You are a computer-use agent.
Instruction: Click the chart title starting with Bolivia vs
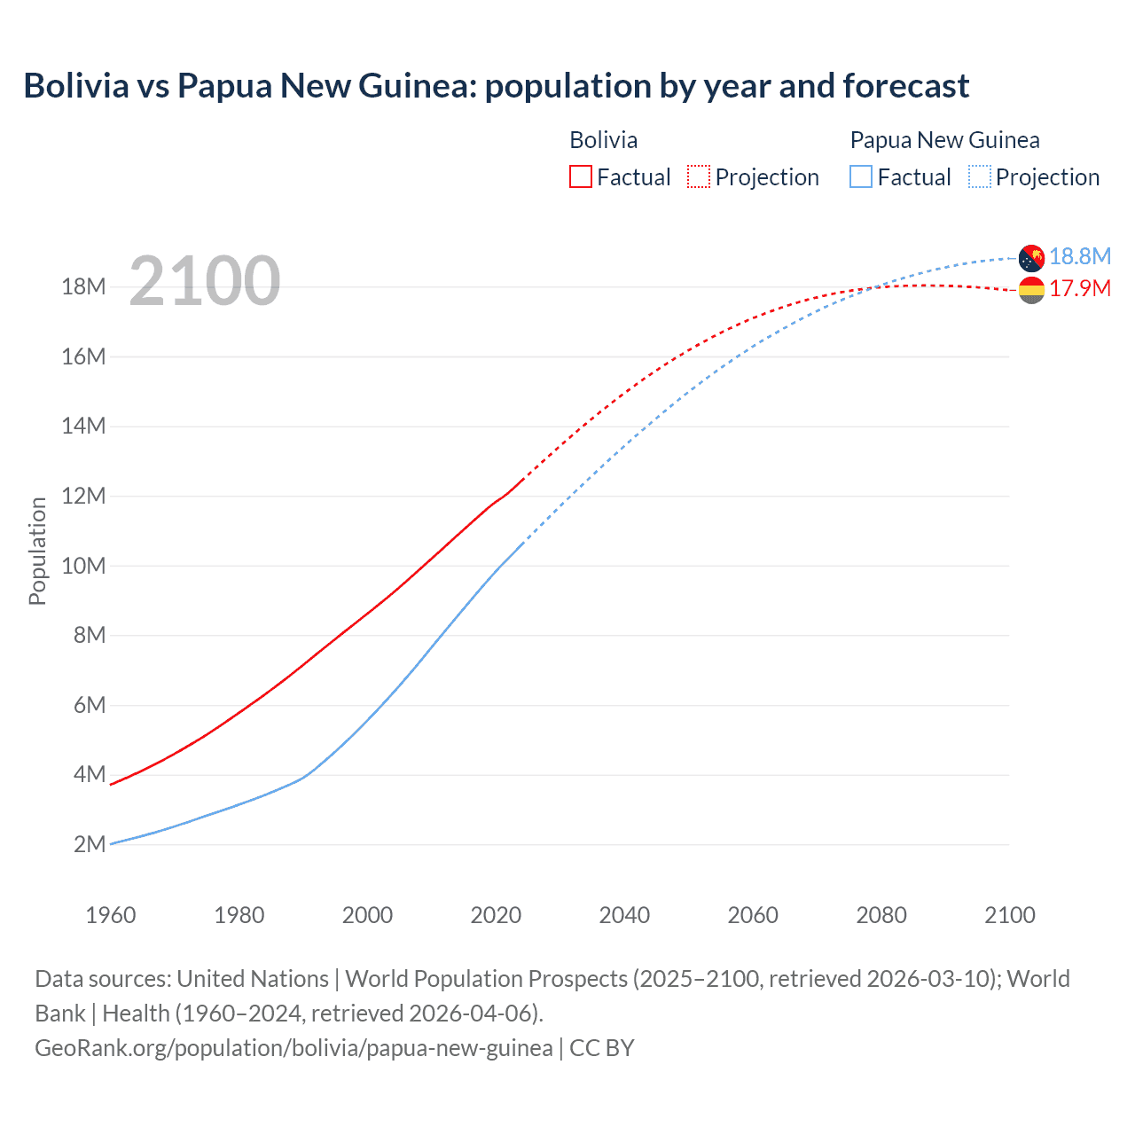tap(496, 86)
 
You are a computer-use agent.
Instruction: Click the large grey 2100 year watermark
tap(205, 281)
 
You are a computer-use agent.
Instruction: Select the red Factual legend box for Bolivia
tap(581, 176)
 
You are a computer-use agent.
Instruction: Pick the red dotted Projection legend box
tap(699, 176)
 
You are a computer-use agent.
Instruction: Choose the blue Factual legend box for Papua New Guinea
tap(861, 176)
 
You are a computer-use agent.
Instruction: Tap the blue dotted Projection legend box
tap(979, 176)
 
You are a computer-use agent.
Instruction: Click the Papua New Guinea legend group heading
tap(944, 140)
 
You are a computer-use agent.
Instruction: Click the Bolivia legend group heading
tap(603, 140)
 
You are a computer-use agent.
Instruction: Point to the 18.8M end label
tap(1079, 256)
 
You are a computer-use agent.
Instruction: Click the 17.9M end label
tap(1079, 288)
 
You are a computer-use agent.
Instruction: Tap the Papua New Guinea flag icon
tap(1031, 258)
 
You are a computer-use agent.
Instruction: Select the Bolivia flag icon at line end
tap(1031, 290)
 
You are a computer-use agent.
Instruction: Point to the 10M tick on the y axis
tap(83, 566)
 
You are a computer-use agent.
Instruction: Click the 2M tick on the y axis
tap(89, 844)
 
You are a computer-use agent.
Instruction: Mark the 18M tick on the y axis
tap(83, 286)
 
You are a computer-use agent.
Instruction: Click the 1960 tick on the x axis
tap(111, 915)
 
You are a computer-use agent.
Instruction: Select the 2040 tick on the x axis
tap(624, 915)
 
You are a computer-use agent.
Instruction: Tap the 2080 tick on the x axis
tap(881, 915)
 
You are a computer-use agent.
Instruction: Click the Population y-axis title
tap(37, 551)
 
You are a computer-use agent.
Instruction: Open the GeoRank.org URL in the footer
tap(294, 1048)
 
